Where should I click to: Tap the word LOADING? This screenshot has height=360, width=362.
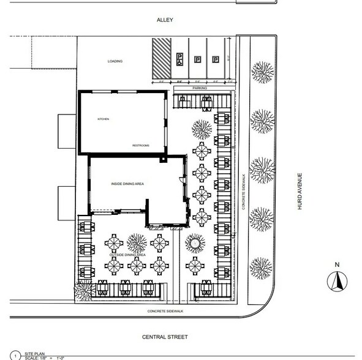[115, 61]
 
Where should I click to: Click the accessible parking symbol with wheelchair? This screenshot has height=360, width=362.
[180, 59]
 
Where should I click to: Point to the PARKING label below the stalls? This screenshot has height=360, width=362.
[200, 89]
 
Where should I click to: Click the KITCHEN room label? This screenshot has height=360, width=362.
[102, 119]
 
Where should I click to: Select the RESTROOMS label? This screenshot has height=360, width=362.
[141, 145]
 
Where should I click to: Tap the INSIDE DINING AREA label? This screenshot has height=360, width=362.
[127, 184]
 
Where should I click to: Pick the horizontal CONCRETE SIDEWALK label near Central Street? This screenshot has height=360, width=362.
[165, 312]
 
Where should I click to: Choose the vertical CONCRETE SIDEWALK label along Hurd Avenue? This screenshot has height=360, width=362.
[243, 196]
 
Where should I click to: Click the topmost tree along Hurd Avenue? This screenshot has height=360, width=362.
[262, 72]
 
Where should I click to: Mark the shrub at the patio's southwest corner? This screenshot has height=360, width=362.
[81, 289]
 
